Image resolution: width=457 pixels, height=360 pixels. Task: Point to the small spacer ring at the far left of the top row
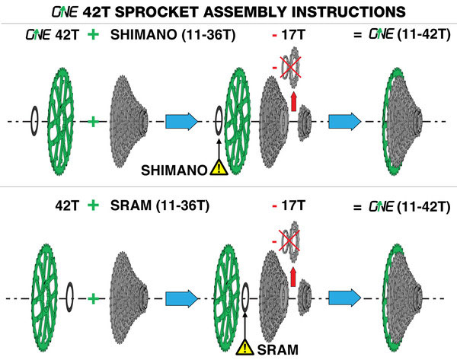[34, 121]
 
